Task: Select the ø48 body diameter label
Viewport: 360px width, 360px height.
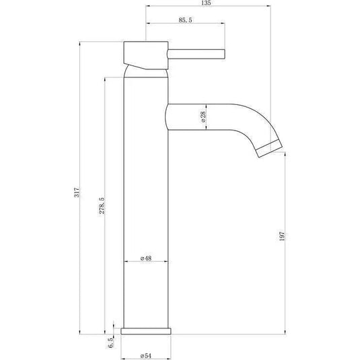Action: (145, 258)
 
